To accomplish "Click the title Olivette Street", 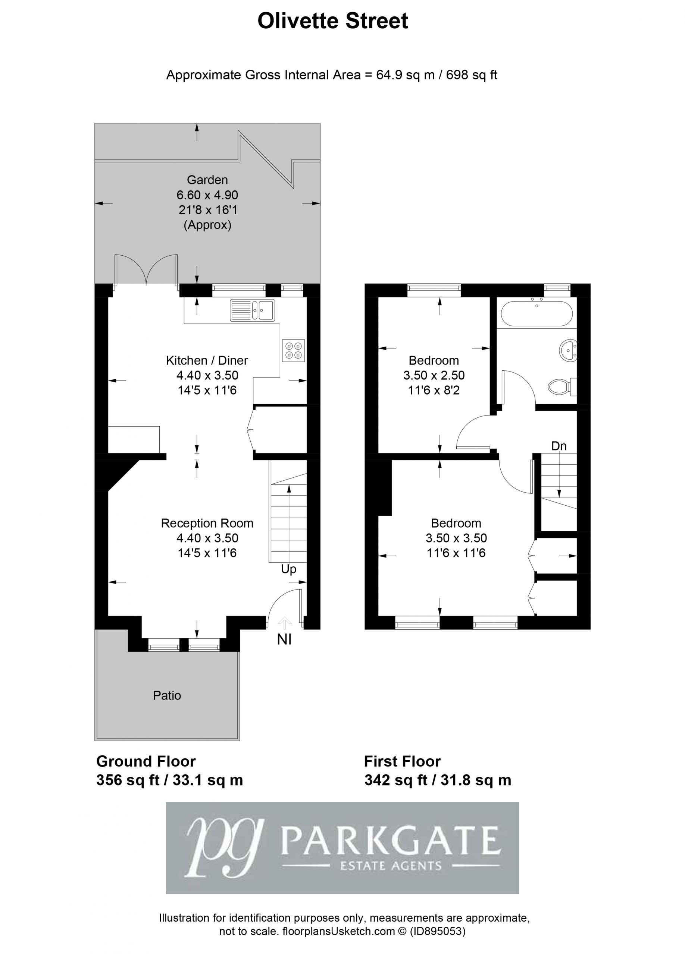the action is [x=332, y=21].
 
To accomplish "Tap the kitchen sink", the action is [x=252, y=310].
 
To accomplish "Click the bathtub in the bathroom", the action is [x=537, y=313].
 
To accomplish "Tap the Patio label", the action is [x=167, y=695].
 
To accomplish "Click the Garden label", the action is [x=207, y=180].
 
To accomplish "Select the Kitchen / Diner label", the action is [x=207, y=360].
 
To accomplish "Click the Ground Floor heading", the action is [x=146, y=761].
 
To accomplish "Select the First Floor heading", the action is [x=402, y=761].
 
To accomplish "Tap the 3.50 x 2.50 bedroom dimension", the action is [x=434, y=375].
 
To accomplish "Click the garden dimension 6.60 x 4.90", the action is [x=207, y=195].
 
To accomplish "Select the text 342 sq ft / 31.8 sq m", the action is [x=438, y=780].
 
